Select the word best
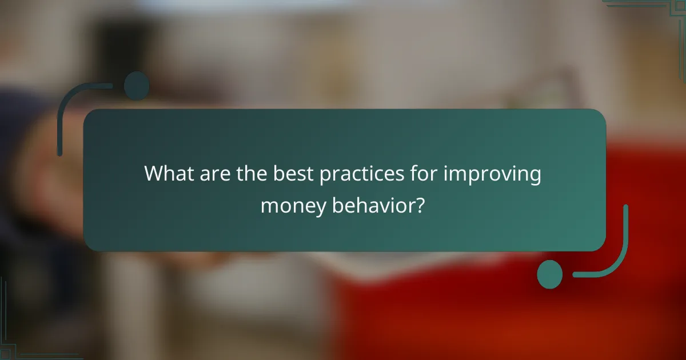click(x=289, y=173)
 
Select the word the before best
click(x=249, y=173)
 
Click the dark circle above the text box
click(x=137, y=85)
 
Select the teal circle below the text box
click(x=550, y=274)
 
